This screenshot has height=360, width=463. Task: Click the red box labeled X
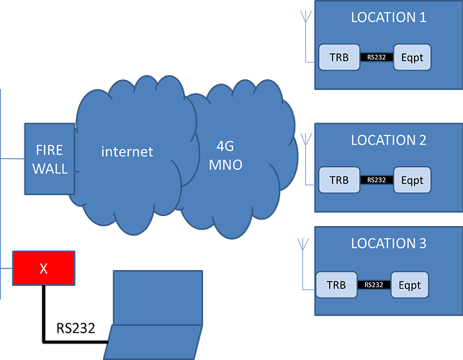coord(43,268)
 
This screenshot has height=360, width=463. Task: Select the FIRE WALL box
coord(50,159)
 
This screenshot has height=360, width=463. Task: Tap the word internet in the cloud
coord(127,151)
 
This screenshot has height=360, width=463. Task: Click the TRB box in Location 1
coord(339,56)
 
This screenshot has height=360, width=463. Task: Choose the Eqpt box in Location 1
coord(412,56)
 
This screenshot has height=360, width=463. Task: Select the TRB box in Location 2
coord(339,180)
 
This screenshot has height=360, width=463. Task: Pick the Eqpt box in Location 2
coord(412,180)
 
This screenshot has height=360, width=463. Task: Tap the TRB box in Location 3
coord(336,284)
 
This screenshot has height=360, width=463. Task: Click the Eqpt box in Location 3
coord(410,284)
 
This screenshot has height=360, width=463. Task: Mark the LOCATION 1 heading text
coord(388,17)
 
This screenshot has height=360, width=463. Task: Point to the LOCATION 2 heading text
coord(388,140)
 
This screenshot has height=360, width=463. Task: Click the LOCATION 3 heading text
coord(388,243)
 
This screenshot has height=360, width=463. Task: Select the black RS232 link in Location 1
coord(376,56)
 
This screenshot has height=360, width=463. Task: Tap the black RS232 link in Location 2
coord(376,180)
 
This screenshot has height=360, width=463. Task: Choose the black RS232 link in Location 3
coord(372,284)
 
